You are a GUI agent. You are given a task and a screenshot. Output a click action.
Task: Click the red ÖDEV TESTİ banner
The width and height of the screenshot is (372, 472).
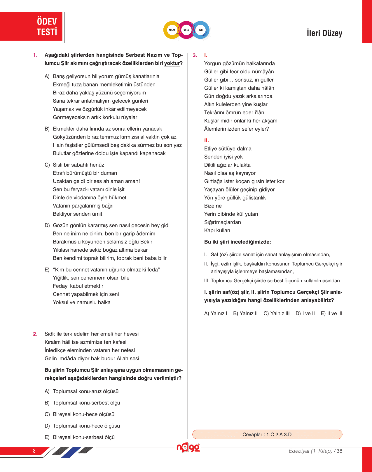[31, 27]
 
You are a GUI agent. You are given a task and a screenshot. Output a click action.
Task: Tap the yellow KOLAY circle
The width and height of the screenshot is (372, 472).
[172, 30]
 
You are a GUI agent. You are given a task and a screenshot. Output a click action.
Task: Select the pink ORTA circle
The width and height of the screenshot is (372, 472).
[186, 30]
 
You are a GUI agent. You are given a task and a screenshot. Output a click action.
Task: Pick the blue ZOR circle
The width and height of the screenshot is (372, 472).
[201, 30]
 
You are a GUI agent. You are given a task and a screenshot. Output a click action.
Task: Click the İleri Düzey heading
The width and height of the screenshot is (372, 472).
[324, 33]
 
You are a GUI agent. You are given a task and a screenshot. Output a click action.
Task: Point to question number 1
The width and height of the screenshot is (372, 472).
[35, 55]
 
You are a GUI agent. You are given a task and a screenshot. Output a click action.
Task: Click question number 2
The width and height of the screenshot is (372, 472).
[35, 334]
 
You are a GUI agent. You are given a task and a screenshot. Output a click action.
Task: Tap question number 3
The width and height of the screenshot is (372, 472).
[195, 55]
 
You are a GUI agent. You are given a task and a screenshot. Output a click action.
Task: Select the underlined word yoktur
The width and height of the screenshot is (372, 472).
[172, 63]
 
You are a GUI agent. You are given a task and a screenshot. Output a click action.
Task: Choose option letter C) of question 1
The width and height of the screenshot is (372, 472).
[47, 165]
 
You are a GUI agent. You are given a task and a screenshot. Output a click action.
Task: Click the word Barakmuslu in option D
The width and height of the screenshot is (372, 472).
[66, 242]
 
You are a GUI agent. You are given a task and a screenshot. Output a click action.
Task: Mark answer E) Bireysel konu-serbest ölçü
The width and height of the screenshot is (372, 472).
[80, 437]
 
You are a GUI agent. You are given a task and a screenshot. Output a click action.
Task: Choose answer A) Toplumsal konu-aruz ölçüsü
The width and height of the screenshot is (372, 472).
[82, 391]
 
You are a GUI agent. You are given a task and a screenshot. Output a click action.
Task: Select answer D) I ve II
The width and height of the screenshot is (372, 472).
[305, 313]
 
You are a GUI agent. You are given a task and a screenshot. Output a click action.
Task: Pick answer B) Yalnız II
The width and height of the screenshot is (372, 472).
[245, 313]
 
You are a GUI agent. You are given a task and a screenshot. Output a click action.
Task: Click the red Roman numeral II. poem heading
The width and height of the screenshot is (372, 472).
[207, 140]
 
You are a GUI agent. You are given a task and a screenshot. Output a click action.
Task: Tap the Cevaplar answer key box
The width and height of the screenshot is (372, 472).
[267, 434]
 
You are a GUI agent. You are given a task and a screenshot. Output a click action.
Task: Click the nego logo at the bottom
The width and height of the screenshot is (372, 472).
[188, 447]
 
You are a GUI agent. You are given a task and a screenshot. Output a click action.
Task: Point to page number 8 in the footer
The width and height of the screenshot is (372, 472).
[34, 451]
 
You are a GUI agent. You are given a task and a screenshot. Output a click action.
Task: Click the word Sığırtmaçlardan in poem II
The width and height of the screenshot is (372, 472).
[223, 222]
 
